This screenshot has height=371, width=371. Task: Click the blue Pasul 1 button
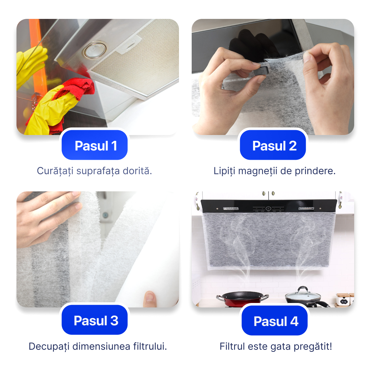click(x=95, y=145)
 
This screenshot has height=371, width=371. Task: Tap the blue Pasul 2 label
click(x=273, y=145)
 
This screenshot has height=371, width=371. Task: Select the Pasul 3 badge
click(x=95, y=320)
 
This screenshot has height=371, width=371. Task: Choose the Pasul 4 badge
click(x=274, y=321)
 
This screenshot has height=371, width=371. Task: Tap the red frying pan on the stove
click(x=242, y=299)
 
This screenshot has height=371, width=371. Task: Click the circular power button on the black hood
click(x=268, y=209)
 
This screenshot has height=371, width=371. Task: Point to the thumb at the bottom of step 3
click(x=150, y=299)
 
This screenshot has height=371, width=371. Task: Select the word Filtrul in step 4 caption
click(x=232, y=346)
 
